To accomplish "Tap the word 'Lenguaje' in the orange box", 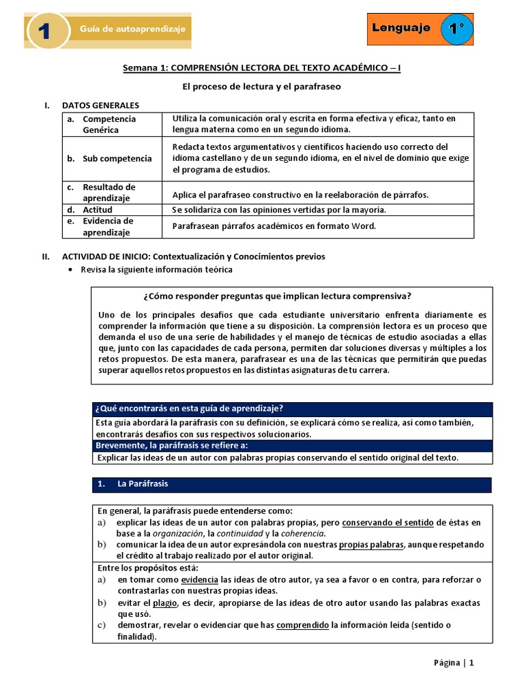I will coord(401,28).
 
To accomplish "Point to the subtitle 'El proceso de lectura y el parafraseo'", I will coord(261,87).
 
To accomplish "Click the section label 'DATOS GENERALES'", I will coord(100,106).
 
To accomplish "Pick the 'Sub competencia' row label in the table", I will coord(117,159).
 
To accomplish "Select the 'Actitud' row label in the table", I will coord(98,210).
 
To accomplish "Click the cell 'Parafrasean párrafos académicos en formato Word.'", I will coord(274,226).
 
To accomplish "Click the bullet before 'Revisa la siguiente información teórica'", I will coord(72,270).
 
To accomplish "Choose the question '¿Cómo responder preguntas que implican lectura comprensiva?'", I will coord(277,296).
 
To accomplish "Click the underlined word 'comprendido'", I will coord(302,625).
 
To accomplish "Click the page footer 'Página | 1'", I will coord(453,664).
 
